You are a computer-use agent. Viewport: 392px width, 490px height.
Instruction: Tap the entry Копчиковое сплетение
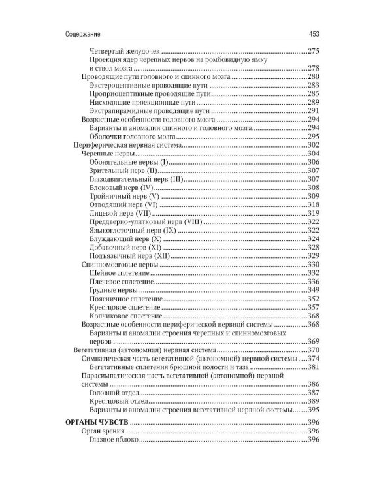(122, 316)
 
